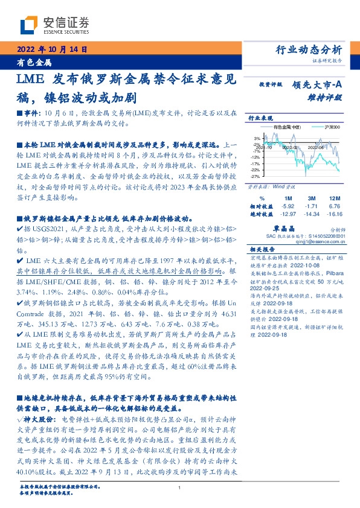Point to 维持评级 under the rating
pyautogui.click(x=327, y=97)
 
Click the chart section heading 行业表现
pyautogui.click(x=259, y=118)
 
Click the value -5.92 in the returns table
pyautogui.click(x=287, y=206)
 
